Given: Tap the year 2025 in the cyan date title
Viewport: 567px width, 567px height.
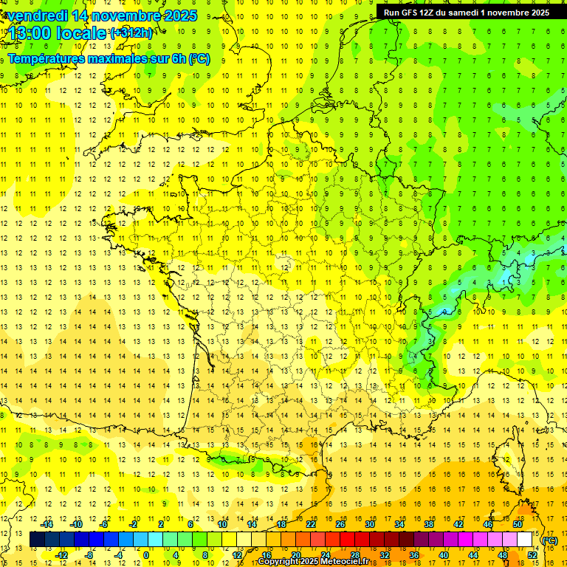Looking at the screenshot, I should pos(180,16).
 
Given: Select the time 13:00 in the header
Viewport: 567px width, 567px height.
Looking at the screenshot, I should pos(27,34).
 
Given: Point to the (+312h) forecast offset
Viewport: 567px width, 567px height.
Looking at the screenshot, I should pos(131,33).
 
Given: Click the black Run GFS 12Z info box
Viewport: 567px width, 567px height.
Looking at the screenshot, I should pos(467,13).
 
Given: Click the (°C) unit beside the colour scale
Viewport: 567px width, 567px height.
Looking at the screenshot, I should pos(549,540).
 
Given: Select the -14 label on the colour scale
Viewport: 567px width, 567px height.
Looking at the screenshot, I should pos(46,524).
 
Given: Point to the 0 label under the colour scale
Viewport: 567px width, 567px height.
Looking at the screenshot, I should pos(146,555).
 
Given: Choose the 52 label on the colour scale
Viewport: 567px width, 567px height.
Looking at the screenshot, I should pos(532,555).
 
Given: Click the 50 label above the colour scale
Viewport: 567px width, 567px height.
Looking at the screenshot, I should pos(517,524).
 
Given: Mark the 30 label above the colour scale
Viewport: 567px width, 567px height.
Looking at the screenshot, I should pos(369,524).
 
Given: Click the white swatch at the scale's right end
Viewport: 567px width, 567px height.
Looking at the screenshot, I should pos(525,540).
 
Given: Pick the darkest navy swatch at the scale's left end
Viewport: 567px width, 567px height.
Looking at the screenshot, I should pos(38,540).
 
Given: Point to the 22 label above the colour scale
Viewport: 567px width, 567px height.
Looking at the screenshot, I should pos(311,524).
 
